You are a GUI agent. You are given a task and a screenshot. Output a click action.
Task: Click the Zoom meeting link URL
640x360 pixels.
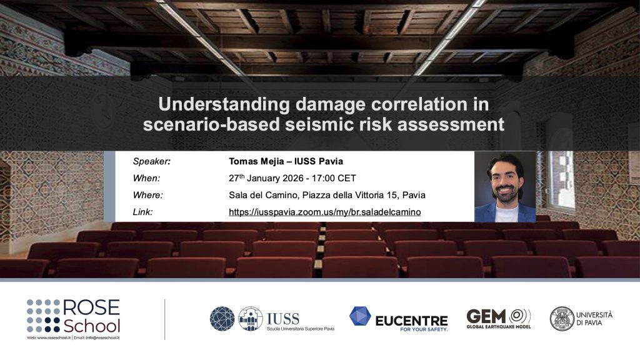324,212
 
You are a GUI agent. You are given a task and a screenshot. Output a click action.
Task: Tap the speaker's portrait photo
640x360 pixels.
505,186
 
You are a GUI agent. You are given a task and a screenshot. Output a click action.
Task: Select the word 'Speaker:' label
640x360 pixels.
152,161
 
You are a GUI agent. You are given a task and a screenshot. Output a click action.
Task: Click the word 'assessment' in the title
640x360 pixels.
459,124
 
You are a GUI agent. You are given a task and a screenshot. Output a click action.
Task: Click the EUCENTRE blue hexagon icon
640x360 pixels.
360,317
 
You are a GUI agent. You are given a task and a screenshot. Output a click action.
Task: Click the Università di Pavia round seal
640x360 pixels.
562,319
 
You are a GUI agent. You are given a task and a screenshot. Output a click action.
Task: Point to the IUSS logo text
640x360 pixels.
282,318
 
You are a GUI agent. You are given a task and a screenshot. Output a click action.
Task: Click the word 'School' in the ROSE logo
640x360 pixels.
92,326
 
